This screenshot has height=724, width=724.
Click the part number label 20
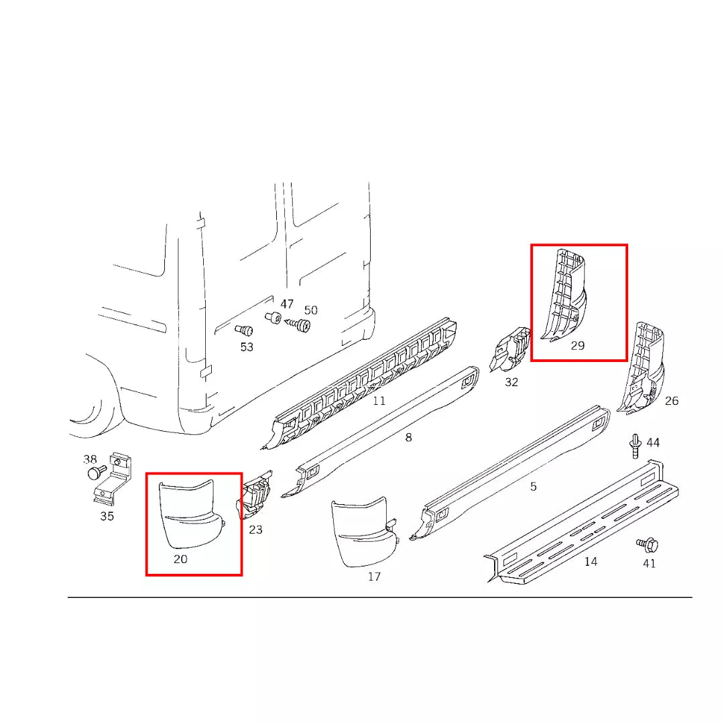tap(180, 558)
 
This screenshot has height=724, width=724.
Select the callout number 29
tap(578, 346)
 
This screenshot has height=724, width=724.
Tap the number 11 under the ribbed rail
tap(379, 401)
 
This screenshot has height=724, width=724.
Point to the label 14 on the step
tap(591, 561)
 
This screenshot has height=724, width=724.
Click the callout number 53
tap(247, 347)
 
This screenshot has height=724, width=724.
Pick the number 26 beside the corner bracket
tap(672, 401)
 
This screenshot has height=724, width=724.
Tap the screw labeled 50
tap(300, 325)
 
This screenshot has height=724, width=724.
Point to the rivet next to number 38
tap(95, 473)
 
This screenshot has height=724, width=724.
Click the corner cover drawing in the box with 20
tap(190, 514)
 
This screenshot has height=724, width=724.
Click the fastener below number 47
tap(273, 317)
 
